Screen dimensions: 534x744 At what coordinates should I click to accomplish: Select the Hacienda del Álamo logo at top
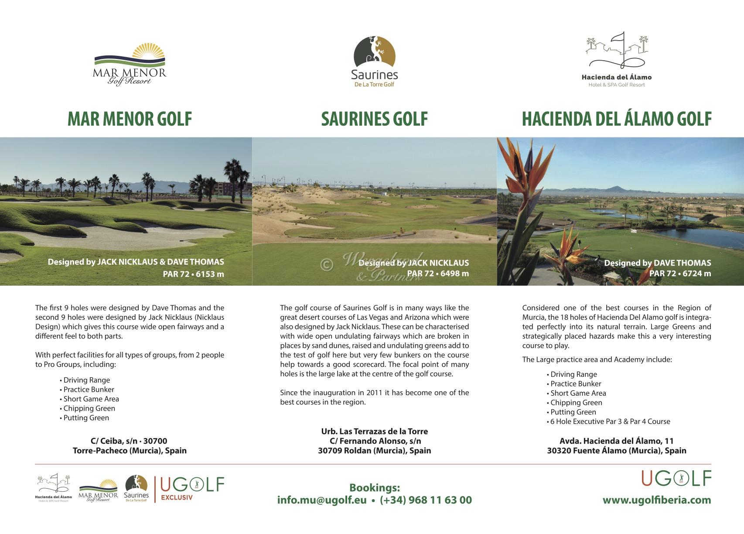[x=616, y=59]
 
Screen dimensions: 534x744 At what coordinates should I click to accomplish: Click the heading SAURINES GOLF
[x=374, y=119]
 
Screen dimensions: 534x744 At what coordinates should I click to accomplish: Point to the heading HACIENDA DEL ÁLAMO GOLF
[x=617, y=119]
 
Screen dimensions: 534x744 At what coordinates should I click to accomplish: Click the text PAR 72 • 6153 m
[x=193, y=274]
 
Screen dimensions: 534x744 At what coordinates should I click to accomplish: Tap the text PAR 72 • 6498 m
[x=438, y=274]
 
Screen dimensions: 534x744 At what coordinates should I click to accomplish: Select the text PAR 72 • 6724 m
[x=680, y=274]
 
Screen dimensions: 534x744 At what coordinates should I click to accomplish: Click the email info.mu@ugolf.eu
[x=322, y=500]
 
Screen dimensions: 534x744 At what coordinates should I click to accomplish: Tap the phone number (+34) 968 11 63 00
[x=426, y=500]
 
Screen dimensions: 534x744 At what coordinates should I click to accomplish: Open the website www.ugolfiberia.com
[x=657, y=500]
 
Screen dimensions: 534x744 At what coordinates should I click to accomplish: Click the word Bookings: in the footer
[x=374, y=488]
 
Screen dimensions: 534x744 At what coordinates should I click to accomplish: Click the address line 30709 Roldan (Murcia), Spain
[x=374, y=451]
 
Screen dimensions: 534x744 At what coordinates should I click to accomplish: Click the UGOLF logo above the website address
[x=676, y=479]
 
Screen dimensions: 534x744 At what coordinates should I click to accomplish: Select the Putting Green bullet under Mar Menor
[x=86, y=418]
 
